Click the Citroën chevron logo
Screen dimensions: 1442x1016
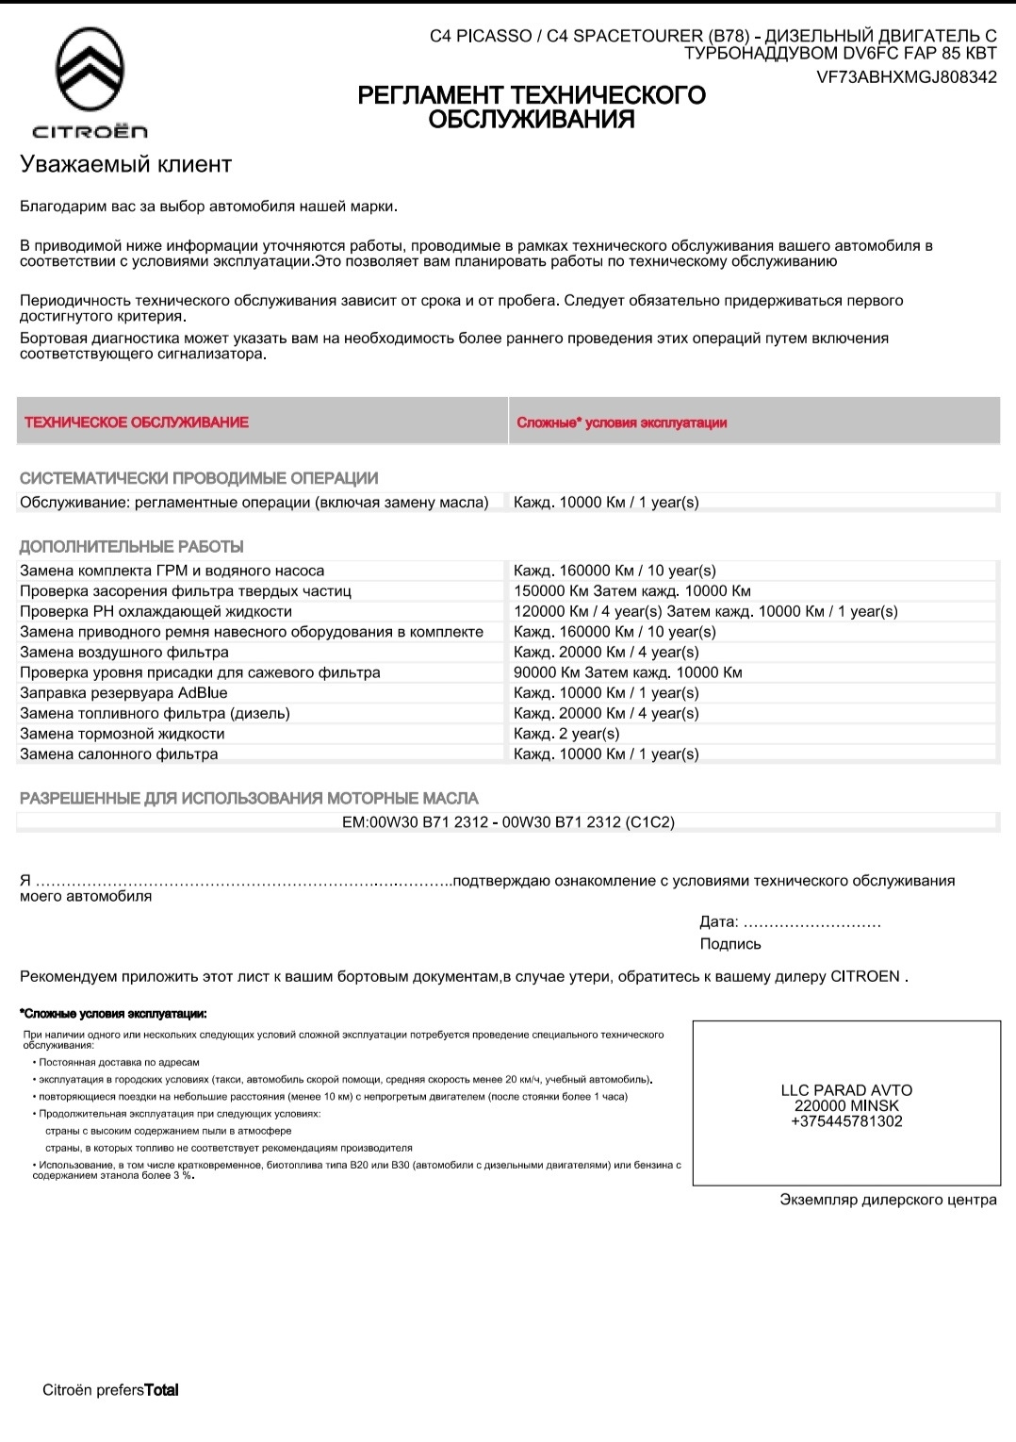pos(90,72)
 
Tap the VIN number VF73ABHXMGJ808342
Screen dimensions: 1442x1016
pos(907,77)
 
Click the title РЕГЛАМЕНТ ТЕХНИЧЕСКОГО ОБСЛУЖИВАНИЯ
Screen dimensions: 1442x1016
pos(532,108)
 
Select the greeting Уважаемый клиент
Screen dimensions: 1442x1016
pos(125,164)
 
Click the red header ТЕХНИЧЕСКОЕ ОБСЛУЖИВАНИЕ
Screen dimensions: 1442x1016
pos(137,423)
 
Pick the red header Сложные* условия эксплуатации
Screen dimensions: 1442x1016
pos(622,423)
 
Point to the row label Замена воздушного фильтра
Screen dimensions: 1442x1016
pos(124,652)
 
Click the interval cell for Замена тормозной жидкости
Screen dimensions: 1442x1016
pos(566,734)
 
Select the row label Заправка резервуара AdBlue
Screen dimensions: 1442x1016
pos(123,693)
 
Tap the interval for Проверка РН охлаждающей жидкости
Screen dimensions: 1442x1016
pos(705,611)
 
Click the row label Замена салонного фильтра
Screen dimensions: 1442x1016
pos(119,754)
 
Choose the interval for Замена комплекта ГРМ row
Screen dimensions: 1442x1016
pos(615,571)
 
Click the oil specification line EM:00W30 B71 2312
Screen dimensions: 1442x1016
pos(508,822)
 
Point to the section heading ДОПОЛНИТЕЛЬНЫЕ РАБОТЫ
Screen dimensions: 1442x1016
pos(132,547)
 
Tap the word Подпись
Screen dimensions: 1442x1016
pos(730,944)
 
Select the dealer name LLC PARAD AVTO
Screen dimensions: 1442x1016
pos(846,1090)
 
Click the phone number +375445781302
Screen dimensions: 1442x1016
pos(846,1121)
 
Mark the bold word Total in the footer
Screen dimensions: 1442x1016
pos(161,1390)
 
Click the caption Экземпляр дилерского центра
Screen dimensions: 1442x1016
pos(888,1200)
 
